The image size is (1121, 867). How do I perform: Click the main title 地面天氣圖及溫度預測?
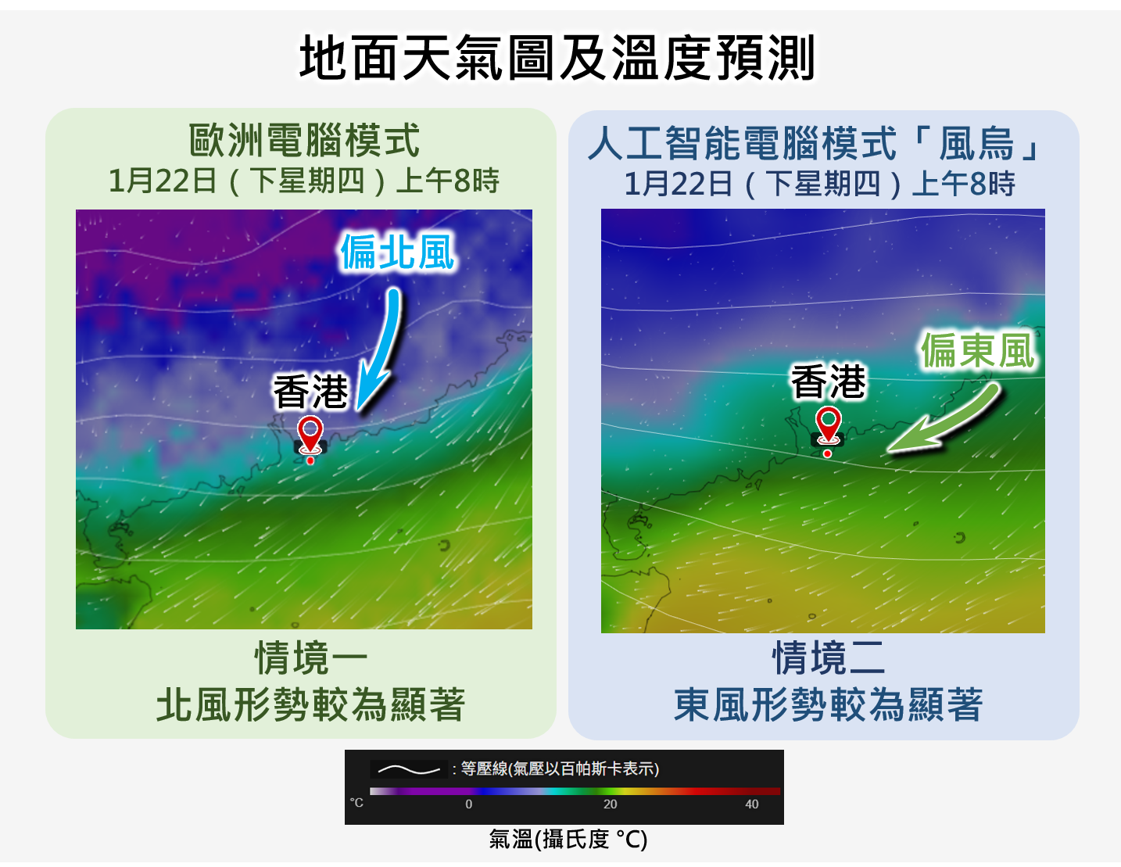click(x=558, y=58)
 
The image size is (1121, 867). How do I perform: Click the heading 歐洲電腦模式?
click(x=304, y=142)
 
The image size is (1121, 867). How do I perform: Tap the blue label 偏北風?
click(x=397, y=253)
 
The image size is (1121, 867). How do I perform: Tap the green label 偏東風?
click(x=978, y=350)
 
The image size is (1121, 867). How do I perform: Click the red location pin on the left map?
click(x=310, y=433)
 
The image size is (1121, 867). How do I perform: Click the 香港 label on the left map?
click(x=310, y=392)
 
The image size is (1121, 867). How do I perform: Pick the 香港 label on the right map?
click(x=829, y=382)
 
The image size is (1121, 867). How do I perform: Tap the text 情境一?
click(x=310, y=658)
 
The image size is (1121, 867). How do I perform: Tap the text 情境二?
click(x=829, y=658)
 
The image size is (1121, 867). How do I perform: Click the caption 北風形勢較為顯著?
click(x=310, y=705)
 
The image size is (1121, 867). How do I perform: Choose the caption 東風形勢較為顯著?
click(x=829, y=705)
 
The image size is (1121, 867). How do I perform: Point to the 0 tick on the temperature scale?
click(x=469, y=804)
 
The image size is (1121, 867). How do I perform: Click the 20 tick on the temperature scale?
click(x=610, y=804)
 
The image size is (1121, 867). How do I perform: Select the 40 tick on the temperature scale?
click(x=751, y=804)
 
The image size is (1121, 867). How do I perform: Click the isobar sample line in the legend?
click(x=409, y=770)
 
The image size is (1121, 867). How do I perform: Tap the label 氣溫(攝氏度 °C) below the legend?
click(x=568, y=840)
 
